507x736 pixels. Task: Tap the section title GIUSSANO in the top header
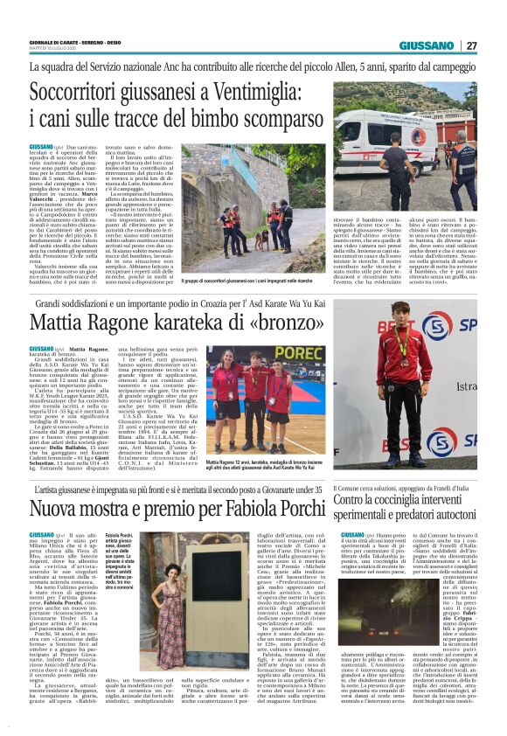coord(427,45)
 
